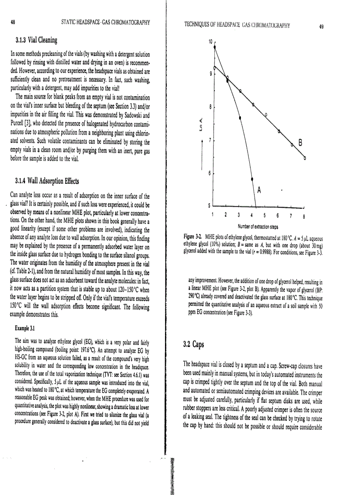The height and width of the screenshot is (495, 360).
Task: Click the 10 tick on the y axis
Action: click(210, 42)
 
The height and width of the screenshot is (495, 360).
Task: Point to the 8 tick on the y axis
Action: click(210, 107)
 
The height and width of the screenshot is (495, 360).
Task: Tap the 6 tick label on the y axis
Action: click(210, 173)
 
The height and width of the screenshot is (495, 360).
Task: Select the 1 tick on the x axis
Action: click(214, 216)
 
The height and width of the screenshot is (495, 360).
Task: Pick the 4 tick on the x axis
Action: click(251, 216)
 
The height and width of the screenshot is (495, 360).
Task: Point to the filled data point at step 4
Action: click(252, 179)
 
